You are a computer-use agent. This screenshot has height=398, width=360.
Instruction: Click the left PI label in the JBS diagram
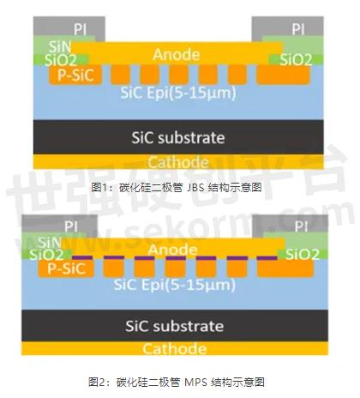coord(80,29)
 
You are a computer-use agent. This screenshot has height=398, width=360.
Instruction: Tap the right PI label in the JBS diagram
coord(298,29)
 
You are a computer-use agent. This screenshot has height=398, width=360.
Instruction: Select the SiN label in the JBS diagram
coord(60,46)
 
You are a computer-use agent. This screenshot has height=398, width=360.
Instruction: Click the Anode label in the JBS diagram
coord(177,55)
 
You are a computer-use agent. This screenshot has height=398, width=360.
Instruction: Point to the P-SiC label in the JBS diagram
coord(75,75)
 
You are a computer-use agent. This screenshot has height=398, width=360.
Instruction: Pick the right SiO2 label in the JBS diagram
coord(296,60)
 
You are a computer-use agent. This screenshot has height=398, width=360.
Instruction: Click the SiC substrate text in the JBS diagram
coord(178,138)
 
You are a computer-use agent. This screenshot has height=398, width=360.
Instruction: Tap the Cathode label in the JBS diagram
coord(178,162)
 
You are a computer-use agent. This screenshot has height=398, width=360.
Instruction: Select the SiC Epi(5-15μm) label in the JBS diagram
coord(178,93)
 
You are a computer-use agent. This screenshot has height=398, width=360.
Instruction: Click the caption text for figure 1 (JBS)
coord(177,188)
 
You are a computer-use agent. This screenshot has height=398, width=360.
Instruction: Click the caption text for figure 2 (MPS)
coord(177,382)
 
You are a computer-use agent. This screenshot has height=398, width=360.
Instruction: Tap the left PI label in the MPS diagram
coord(71,227)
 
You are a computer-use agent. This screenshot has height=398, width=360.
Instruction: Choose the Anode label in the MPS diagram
coord(172,250)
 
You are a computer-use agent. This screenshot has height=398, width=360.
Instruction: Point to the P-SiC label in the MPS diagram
coord(67,268)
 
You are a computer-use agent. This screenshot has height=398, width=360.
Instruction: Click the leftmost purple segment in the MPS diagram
coord(82,257)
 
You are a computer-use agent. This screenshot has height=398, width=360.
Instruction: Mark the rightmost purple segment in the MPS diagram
coord(267,258)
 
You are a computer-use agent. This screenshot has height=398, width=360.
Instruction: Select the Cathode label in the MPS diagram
coord(175,349)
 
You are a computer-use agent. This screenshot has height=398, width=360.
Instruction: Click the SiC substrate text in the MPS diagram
coord(175,326)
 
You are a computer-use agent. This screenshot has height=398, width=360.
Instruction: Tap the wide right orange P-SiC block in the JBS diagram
coord(284,75)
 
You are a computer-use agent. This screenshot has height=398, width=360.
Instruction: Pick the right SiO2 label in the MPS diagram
coord(303,255)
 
